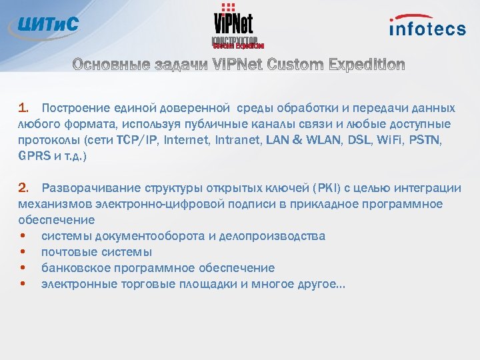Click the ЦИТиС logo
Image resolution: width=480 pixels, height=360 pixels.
pyautogui.click(x=45, y=26)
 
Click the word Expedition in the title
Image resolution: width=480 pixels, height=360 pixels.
pyautogui.click(x=366, y=65)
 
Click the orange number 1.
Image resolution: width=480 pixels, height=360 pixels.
pyautogui.click(x=23, y=108)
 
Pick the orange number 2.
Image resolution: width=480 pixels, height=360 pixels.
pyautogui.click(x=23, y=188)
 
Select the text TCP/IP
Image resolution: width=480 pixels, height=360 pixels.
pyautogui.click(x=132, y=140)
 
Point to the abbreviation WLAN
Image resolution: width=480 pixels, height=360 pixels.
pyautogui.click(x=320, y=140)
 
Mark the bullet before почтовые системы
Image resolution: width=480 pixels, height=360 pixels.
pyautogui.click(x=23, y=252)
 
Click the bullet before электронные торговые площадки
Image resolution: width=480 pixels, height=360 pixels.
pyautogui.click(x=23, y=284)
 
